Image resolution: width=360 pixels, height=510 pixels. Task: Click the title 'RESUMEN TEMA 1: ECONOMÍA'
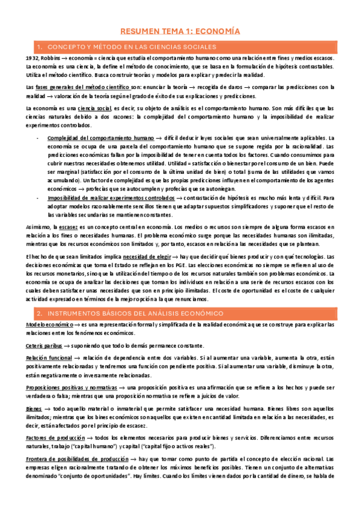180,30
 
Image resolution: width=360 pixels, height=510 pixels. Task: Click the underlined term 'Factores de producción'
55,438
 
